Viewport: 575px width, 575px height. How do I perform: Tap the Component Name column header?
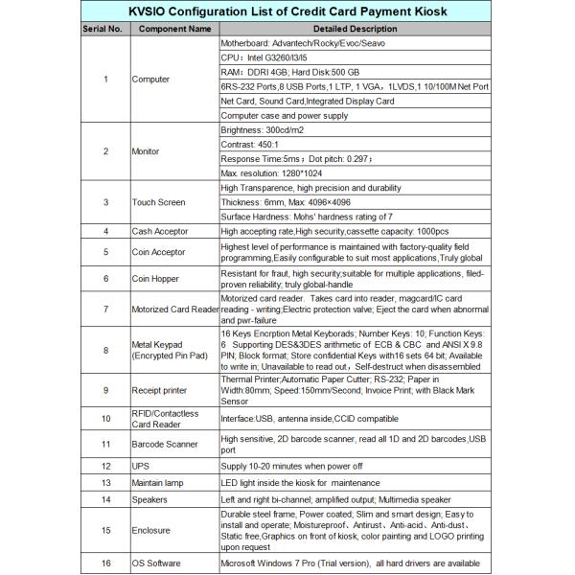[173, 29]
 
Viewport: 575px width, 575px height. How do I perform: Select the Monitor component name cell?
[147, 151]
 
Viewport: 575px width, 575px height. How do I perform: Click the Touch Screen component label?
[159, 202]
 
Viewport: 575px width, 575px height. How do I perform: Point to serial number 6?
[105, 279]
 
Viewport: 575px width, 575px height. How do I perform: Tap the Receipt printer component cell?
[165, 390]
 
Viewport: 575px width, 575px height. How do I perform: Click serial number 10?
[105, 419]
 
